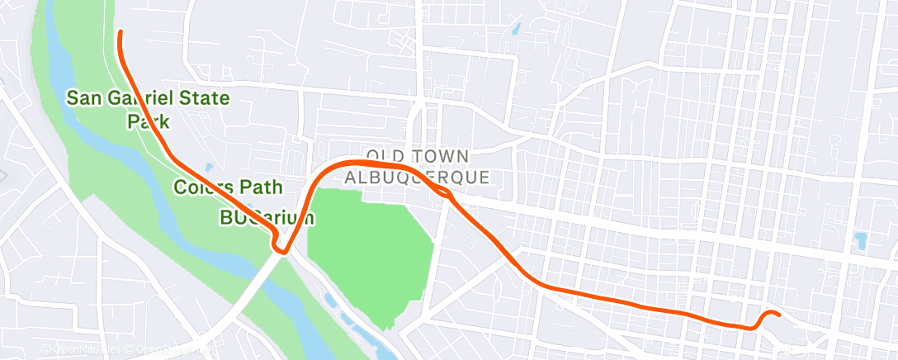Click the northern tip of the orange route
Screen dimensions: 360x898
click(x=121, y=32)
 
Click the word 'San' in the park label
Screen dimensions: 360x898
click(x=84, y=98)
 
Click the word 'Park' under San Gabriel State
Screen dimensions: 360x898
click(x=148, y=121)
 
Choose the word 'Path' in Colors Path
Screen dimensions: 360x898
click(x=262, y=187)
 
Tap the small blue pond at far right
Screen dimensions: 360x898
click(x=861, y=240)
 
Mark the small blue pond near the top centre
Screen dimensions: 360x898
click(x=516, y=28)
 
